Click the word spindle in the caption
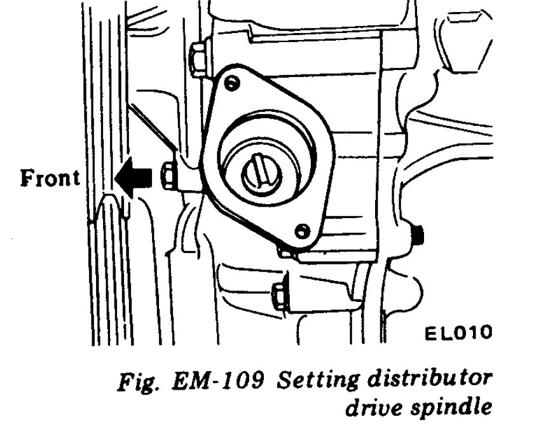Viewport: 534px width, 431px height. click(456, 408)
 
